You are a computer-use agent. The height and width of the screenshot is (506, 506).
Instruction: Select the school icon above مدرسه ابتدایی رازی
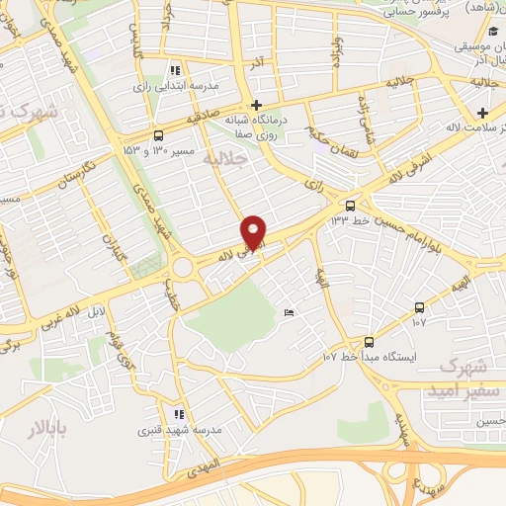click(176, 70)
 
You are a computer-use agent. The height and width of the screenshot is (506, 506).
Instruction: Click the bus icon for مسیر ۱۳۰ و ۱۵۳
click(159, 135)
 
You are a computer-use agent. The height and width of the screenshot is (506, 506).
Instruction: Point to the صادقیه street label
click(203, 117)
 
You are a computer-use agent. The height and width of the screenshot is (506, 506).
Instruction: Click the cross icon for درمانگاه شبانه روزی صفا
click(256, 105)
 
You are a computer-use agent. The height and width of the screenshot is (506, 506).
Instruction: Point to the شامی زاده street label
click(367, 116)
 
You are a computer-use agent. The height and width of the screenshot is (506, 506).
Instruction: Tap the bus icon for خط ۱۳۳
click(349, 206)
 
